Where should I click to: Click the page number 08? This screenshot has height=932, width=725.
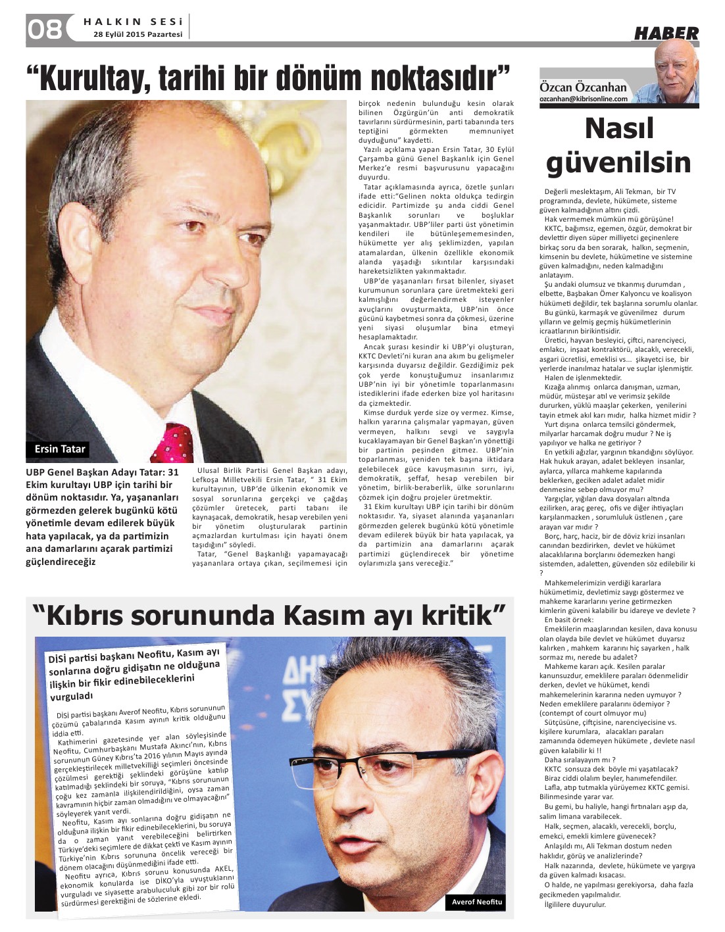pos(45,29)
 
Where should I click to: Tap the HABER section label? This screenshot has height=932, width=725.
pos(666,34)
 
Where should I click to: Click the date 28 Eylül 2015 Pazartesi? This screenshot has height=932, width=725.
pos(137,34)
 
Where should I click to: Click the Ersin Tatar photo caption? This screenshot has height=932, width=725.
pos(60,449)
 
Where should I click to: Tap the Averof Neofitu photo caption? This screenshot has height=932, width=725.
pos(476,902)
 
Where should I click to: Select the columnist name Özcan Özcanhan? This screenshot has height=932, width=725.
pos(583,87)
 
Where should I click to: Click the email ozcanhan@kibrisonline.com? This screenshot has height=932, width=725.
pos(584,99)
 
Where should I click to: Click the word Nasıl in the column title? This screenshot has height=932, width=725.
pos(619,128)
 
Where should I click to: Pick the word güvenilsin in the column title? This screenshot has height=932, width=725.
pos(618,162)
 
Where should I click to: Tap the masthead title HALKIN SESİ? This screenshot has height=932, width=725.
pos(133,22)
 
